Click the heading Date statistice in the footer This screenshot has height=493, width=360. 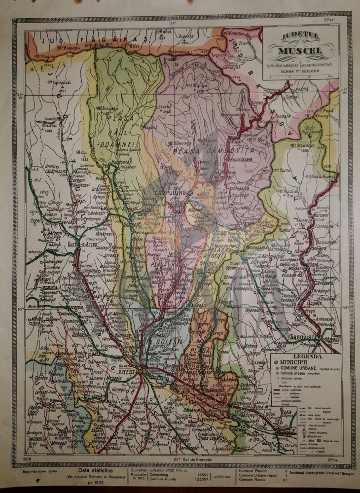click(90, 471)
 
